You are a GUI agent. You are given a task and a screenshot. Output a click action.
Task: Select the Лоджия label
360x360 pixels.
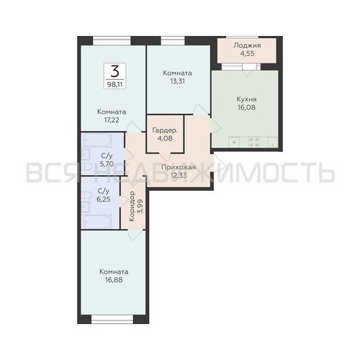coord(247,45)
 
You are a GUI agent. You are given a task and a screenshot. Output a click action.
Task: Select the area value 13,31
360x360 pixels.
coord(176,81)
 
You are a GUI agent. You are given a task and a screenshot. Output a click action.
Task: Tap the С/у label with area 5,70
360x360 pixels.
coord(106,156)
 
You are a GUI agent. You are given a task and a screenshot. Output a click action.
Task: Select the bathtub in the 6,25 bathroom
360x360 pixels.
coord(97,220)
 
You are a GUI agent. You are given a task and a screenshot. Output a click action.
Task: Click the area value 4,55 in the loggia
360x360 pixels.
coord(247,54)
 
